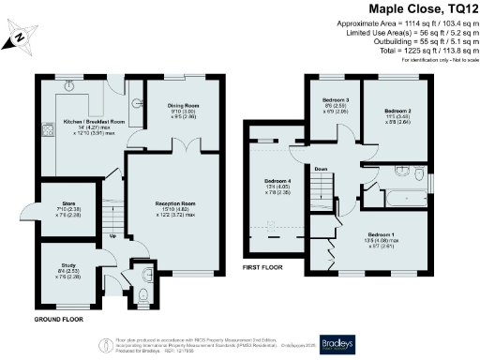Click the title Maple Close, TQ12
420,8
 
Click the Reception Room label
174,202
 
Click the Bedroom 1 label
381,234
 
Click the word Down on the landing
321,169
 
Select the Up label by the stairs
113,235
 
